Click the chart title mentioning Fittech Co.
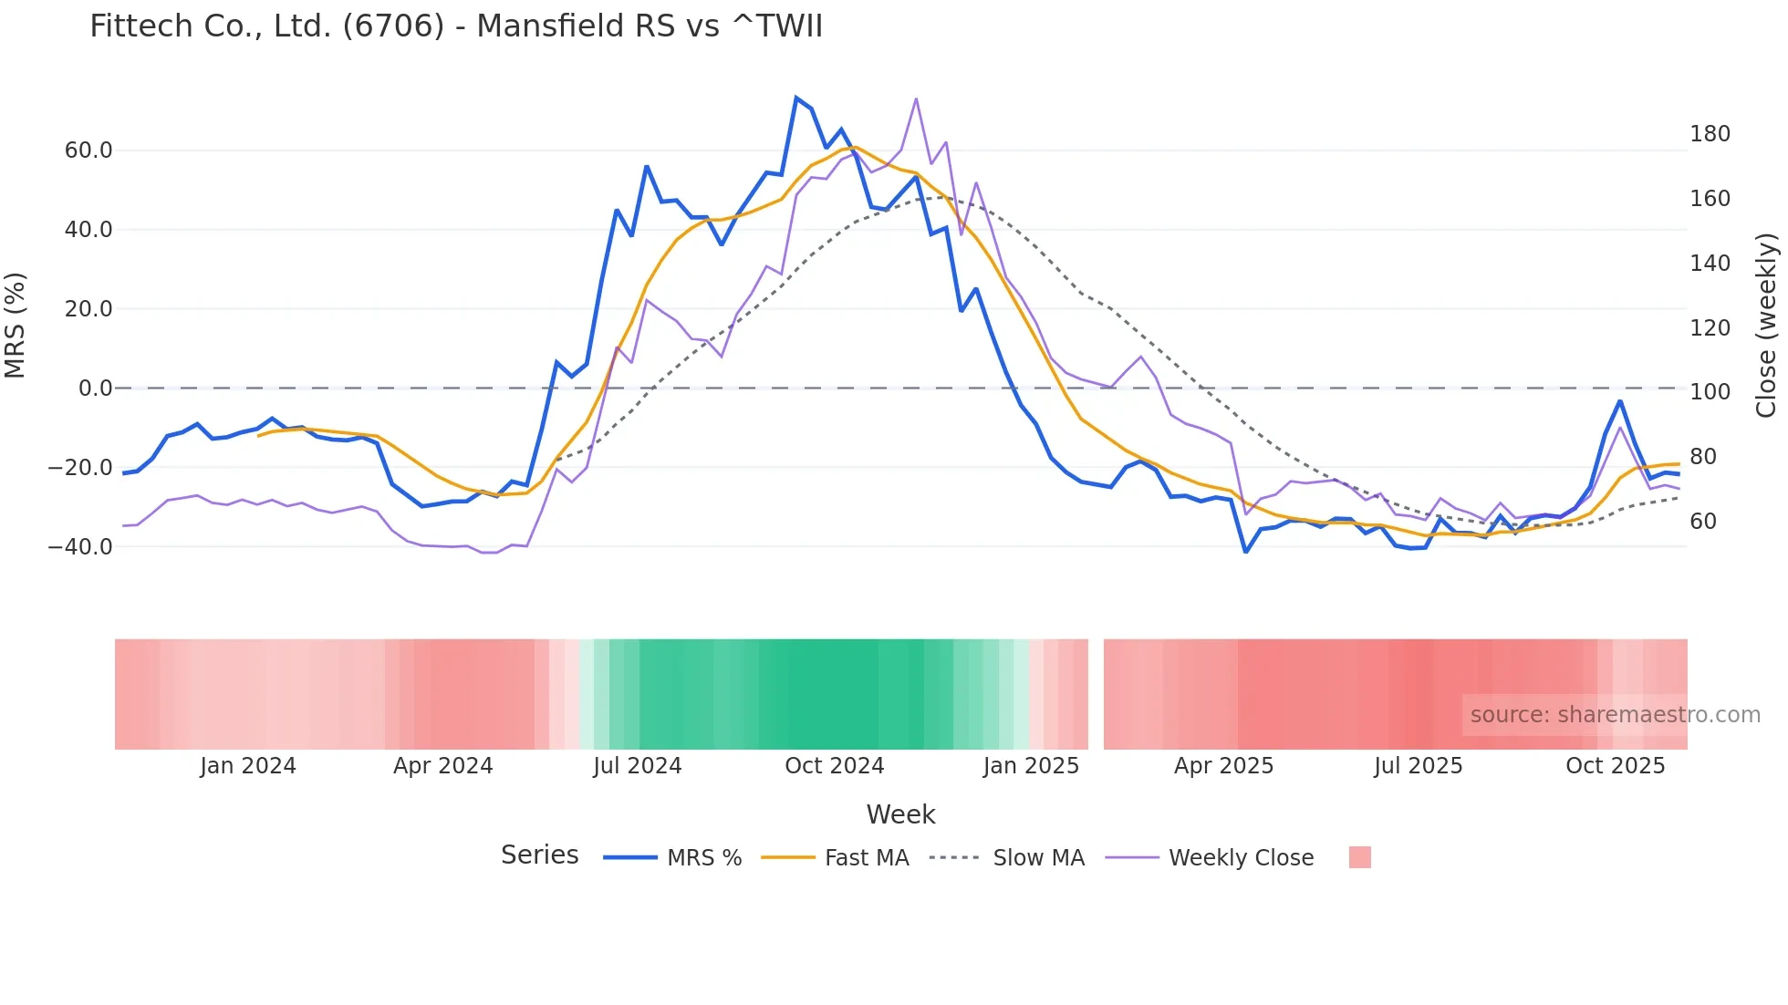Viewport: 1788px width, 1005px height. [x=456, y=26]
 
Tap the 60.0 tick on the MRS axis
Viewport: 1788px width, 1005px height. [x=88, y=150]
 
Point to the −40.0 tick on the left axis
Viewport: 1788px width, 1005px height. [x=81, y=547]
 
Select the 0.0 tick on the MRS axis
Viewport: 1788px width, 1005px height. [x=96, y=389]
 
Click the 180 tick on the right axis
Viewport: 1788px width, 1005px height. [x=1710, y=134]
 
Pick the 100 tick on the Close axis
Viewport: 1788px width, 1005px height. [x=1710, y=392]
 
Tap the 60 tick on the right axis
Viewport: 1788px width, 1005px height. [x=1703, y=522]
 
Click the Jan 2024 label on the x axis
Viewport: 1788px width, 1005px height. [x=248, y=766]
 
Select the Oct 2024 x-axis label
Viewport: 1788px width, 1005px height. [x=835, y=766]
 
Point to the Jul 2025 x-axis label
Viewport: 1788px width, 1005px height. [x=1419, y=766]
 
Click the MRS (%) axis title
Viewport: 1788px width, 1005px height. [x=16, y=326]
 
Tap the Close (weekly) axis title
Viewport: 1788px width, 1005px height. [x=1766, y=326]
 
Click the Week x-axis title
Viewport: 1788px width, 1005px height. [x=900, y=814]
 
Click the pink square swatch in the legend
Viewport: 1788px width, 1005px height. [x=1359, y=857]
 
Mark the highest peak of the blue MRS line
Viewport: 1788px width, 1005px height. [x=796, y=98]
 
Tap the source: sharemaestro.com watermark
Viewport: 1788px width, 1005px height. [x=1615, y=715]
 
